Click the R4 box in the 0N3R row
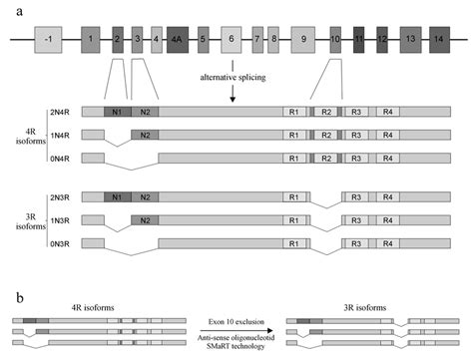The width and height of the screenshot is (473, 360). pyautogui.click(x=391, y=242)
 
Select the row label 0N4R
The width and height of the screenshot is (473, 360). pyautogui.click(x=59, y=157)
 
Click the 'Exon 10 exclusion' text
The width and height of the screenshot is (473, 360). pyautogui.click(x=236, y=311)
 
